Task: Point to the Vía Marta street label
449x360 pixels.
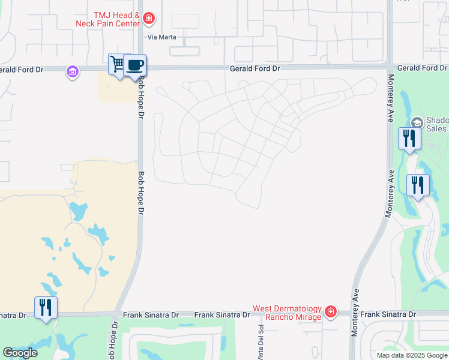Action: (160, 36)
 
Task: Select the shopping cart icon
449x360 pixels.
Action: (118, 64)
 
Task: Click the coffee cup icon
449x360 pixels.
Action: (135, 64)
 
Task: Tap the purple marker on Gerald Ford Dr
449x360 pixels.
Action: (73, 72)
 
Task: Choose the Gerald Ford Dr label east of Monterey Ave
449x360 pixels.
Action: (422, 68)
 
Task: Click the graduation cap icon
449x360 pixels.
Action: (417, 124)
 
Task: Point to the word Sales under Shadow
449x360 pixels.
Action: (436, 129)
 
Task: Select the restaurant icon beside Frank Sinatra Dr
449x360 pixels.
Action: (46, 307)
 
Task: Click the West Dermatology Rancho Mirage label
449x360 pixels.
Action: (287, 313)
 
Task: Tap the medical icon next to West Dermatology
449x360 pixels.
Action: (330, 312)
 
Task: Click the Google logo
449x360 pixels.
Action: (20, 353)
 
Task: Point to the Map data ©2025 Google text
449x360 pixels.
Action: (412, 355)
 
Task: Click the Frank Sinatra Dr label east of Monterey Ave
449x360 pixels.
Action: (388, 314)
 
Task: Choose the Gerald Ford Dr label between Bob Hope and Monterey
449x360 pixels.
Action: (255, 69)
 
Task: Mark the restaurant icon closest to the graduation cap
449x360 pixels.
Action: (409, 139)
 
